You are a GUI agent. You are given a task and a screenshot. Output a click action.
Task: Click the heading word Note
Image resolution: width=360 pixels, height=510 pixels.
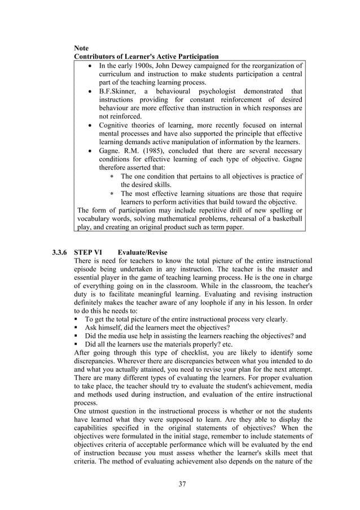pyautogui.click(x=83, y=48)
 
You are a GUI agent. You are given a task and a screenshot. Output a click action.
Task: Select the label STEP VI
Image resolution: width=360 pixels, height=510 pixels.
pyautogui.click(x=87, y=252)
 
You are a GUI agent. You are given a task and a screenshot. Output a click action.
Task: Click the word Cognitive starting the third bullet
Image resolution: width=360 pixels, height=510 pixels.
pyautogui.click(x=115, y=125)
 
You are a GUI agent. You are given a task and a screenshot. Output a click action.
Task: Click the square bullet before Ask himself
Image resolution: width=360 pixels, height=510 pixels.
pyautogui.click(x=77, y=328)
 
